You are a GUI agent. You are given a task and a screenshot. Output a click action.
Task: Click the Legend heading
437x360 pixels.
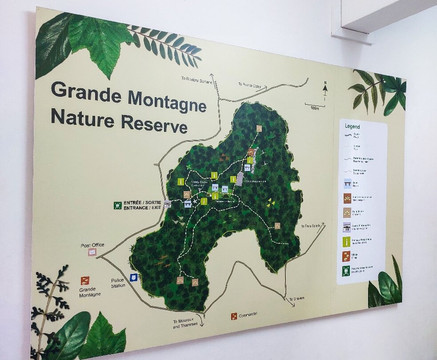351,127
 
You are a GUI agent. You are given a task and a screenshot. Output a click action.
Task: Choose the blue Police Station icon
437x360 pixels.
132,277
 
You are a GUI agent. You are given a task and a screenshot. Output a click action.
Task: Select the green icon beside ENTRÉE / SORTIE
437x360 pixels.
116,205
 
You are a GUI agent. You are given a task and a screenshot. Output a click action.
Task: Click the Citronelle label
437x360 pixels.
252,314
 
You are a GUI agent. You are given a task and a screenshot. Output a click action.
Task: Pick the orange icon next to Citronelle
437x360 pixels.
233,313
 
